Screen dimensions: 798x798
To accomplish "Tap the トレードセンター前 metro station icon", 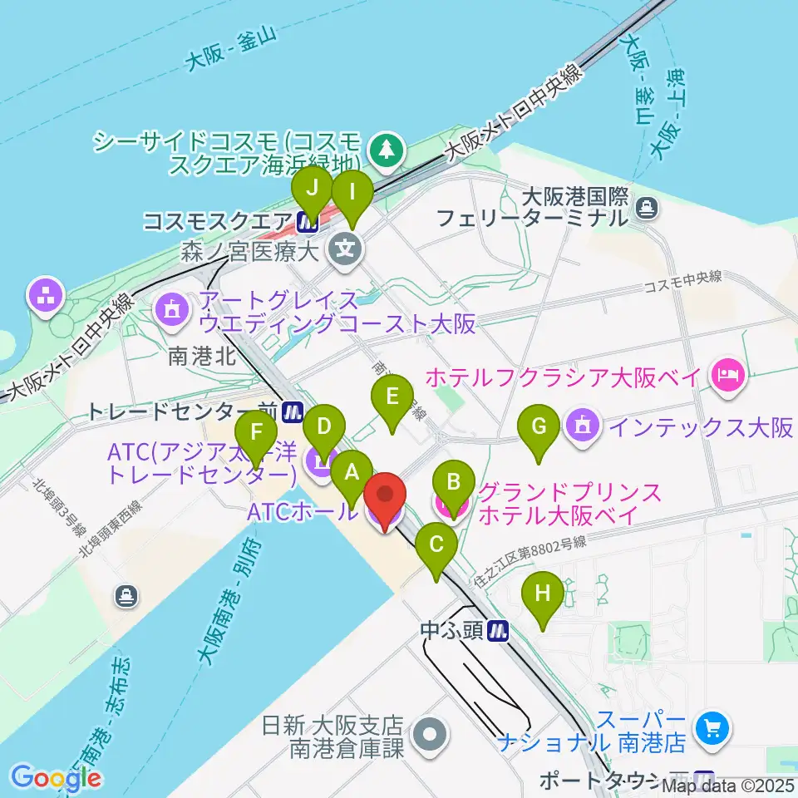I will tap(291, 411).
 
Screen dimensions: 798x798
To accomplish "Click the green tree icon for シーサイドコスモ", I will tap(386, 150).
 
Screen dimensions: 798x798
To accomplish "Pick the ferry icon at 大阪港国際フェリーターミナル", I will tap(646, 207).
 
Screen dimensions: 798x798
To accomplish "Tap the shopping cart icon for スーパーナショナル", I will tap(712, 729).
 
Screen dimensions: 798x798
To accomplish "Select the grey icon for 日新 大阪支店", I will tap(431, 734).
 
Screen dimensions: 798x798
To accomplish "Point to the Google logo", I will tap(57, 777).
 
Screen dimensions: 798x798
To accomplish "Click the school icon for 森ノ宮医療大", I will tap(342, 248).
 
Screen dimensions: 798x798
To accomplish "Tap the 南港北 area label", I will tap(202, 357).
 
